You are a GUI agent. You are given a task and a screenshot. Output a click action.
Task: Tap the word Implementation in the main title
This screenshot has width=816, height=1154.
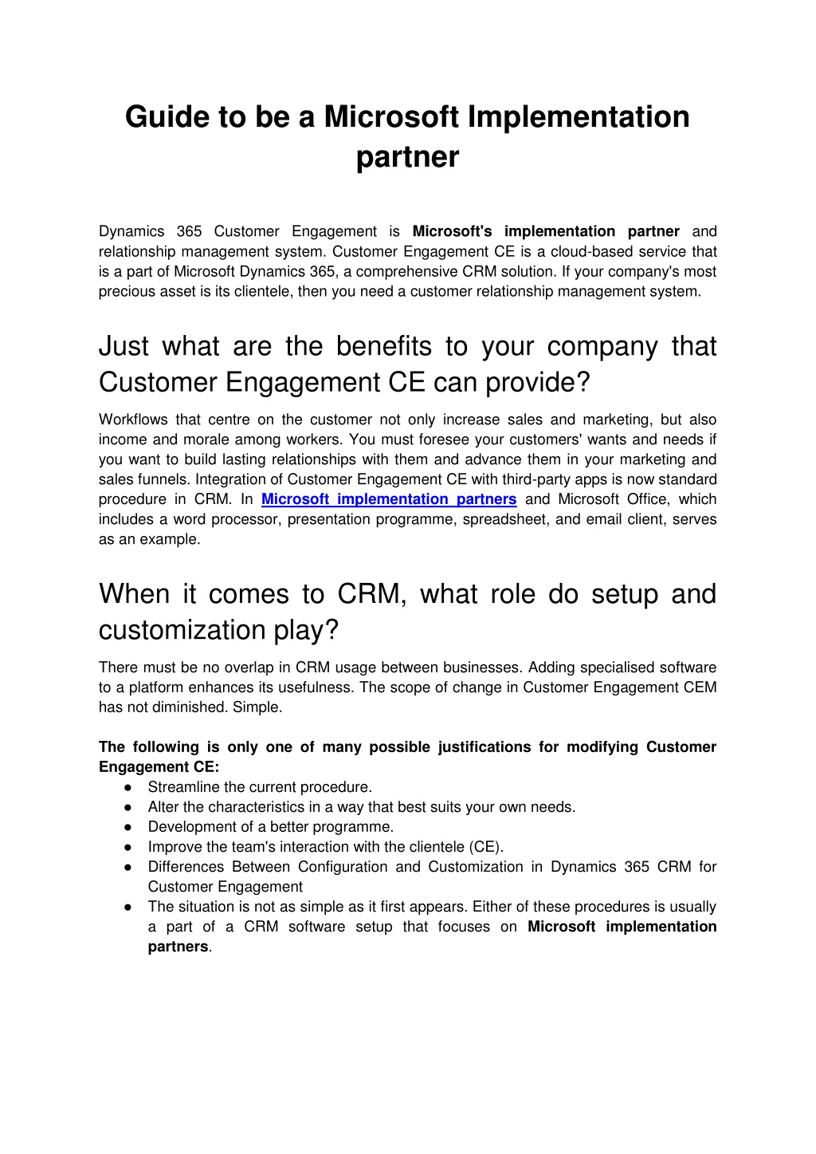(x=579, y=117)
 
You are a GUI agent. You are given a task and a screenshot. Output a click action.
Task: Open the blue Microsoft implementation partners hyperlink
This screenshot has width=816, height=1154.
(x=389, y=499)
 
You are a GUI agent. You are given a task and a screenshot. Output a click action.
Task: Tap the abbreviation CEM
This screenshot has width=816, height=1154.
(x=700, y=687)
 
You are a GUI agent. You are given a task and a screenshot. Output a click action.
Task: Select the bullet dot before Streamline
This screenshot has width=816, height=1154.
(x=127, y=787)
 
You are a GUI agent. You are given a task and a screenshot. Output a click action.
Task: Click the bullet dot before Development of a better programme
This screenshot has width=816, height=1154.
(x=127, y=827)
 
